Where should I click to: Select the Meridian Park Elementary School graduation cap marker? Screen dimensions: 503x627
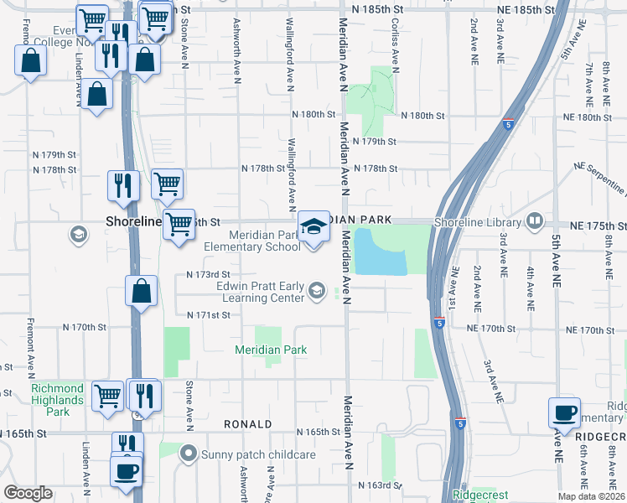click(314, 227)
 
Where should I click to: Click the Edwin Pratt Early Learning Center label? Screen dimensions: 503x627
click(260, 292)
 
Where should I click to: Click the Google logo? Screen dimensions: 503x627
click(28, 492)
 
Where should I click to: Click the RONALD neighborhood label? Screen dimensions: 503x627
click(247, 424)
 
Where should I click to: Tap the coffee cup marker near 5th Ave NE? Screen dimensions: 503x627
click(564, 412)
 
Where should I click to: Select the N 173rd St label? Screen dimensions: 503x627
click(208, 274)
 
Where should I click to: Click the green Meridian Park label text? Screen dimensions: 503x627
click(270, 350)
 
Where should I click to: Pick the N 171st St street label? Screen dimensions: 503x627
click(208, 315)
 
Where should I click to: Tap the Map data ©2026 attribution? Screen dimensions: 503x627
click(590, 495)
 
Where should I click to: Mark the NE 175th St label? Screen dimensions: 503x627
click(598, 226)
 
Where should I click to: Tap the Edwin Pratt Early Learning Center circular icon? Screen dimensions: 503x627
click(317, 291)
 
